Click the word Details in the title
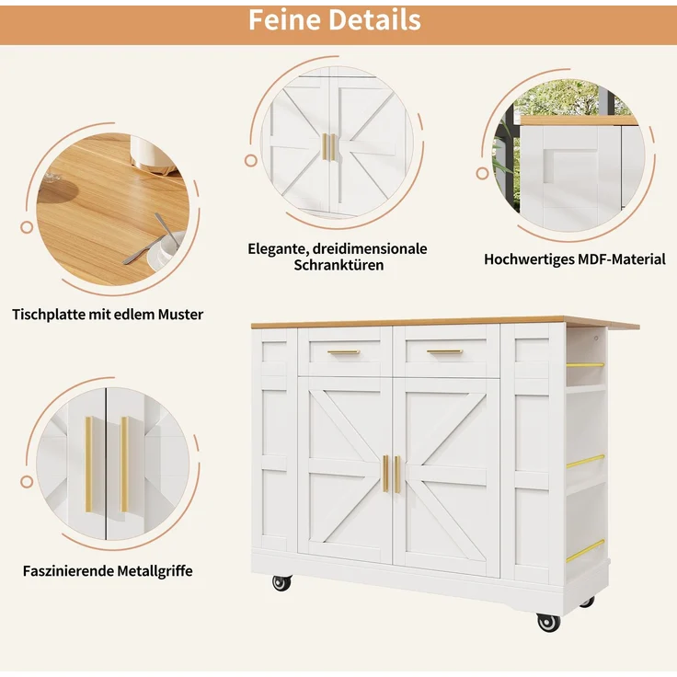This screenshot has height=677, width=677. (374, 20)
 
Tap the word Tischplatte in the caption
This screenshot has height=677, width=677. (49, 315)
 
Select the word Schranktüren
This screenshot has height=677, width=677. (338, 265)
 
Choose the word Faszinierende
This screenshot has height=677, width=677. (68, 571)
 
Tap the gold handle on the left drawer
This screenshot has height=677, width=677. (344, 352)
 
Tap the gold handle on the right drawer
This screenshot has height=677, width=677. (444, 352)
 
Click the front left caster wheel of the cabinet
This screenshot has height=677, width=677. (282, 583)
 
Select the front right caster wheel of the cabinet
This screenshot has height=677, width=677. (548, 622)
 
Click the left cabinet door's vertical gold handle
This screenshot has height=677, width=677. (385, 473)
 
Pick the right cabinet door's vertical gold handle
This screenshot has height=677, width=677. (397, 474)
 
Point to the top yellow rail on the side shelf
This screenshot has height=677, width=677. (585, 365)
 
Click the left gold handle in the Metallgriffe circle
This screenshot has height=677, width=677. (89, 465)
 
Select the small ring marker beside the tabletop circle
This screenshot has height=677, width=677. (27, 227)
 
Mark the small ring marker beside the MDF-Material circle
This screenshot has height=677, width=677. (482, 174)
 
